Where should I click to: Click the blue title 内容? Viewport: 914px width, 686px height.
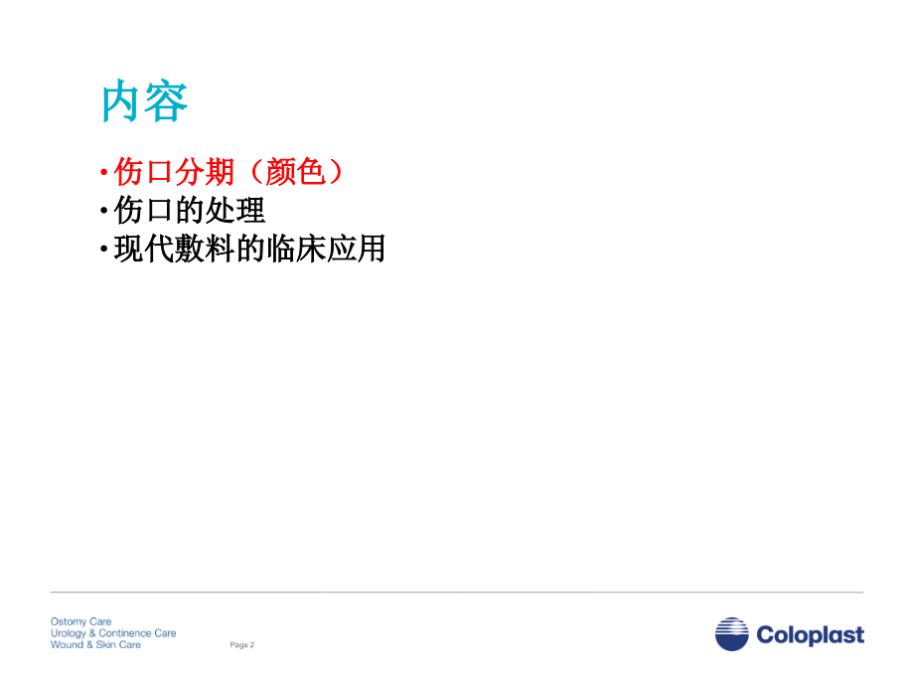[x=145, y=102]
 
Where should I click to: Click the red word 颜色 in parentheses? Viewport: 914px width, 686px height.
[x=296, y=172]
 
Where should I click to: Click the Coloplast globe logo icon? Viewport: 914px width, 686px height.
[x=732, y=634]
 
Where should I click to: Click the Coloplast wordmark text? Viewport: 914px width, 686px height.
[x=810, y=635]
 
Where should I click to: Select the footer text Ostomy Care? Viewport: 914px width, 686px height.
[x=81, y=621]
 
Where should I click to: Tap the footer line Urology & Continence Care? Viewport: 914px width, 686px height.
[x=113, y=633]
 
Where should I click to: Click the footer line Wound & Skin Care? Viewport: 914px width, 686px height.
[x=96, y=644]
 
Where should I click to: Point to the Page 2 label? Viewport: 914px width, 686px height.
[x=242, y=645]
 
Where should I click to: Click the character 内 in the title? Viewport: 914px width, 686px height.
[x=122, y=102]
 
